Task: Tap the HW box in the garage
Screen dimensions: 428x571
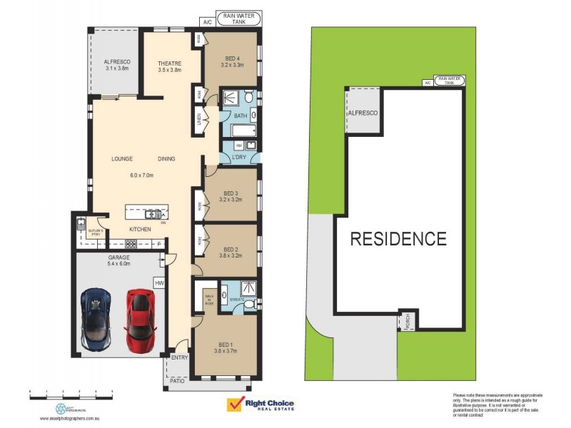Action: coord(158,283)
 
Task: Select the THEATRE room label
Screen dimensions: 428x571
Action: coord(169,64)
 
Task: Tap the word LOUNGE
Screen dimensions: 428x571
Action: coord(122,159)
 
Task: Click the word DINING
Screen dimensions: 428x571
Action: coord(166,159)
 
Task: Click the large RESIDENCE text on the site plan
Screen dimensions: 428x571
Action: coord(398,239)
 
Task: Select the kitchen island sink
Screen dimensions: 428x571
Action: coord(153,213)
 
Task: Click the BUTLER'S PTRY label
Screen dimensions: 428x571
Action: coord(96,233)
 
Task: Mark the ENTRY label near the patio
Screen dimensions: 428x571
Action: coord(178,359)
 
